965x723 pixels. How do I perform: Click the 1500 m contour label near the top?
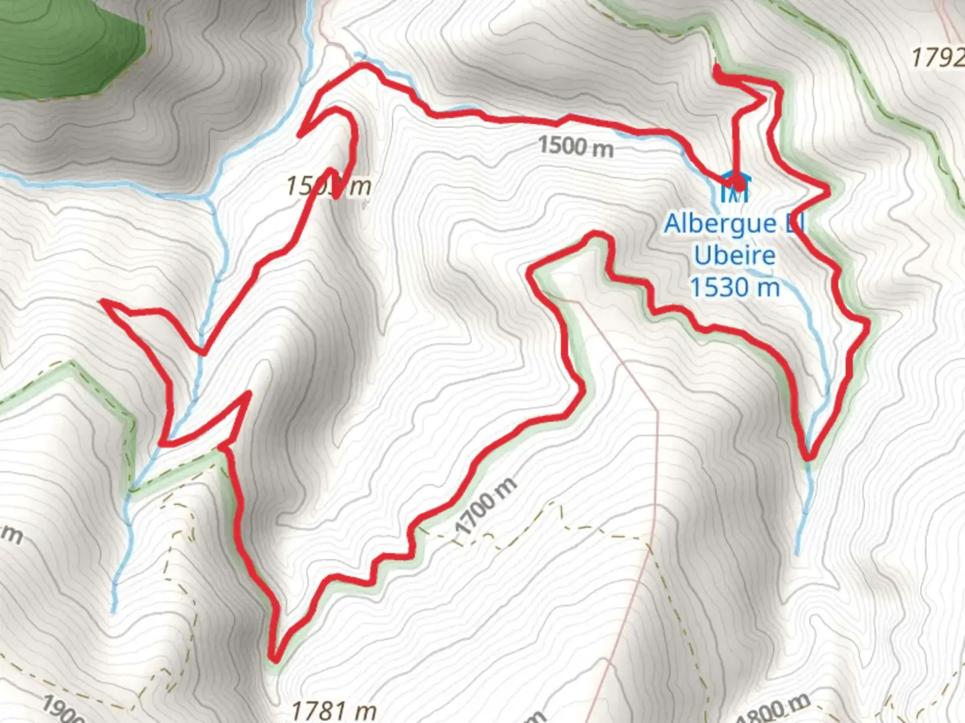576,145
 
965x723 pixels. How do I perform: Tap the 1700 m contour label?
486,507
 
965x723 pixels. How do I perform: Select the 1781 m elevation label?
333,709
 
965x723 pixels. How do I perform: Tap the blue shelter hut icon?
734,188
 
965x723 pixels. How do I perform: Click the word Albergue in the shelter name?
720,224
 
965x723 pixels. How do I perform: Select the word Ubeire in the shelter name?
734,255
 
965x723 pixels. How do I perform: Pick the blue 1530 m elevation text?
734,287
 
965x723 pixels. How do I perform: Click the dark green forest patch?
67,47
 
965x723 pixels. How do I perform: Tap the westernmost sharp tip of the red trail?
103,303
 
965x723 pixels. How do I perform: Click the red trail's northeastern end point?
718,70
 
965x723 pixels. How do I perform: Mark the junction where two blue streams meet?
207,198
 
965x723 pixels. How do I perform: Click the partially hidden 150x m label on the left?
328,185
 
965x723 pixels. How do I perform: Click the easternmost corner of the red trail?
868,325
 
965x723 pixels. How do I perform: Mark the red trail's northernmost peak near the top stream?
363,65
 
